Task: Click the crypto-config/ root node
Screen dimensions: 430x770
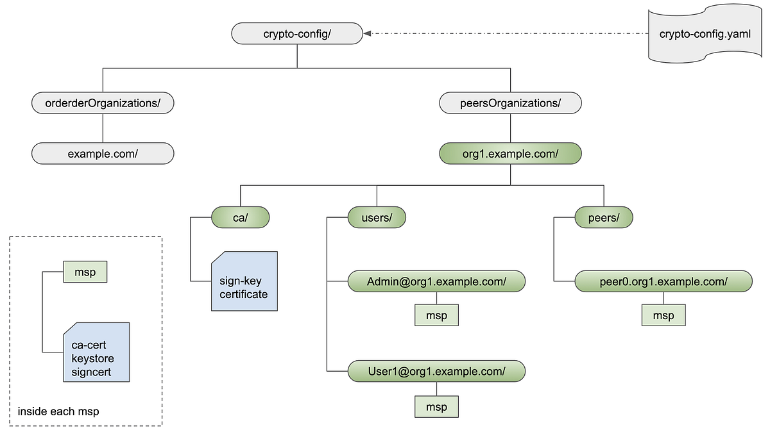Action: (297, 34)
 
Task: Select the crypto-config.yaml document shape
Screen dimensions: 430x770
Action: (705, 35)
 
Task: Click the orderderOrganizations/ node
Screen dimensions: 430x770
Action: (103, 103)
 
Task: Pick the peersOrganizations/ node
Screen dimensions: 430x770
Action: (510, 103)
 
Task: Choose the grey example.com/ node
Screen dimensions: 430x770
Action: (103, 154)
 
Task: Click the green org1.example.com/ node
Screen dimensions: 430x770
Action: (510, 154)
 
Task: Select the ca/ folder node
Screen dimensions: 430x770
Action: (241, 218)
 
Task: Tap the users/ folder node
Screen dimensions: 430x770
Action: (377, 218)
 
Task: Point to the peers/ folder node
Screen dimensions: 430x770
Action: (603, 218)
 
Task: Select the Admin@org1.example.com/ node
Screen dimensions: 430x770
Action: (436, 281)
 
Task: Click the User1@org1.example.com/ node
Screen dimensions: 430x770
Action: (436, 371)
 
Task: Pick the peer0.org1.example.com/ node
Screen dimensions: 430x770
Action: (663, 281)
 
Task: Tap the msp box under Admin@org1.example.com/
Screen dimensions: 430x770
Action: (436, 315)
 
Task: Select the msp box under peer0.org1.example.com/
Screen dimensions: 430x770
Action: (663, 315)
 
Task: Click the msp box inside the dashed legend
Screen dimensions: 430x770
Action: (85, 272)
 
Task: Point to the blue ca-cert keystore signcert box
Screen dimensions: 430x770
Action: (96, 352)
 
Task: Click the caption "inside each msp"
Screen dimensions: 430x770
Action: (58, 411)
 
